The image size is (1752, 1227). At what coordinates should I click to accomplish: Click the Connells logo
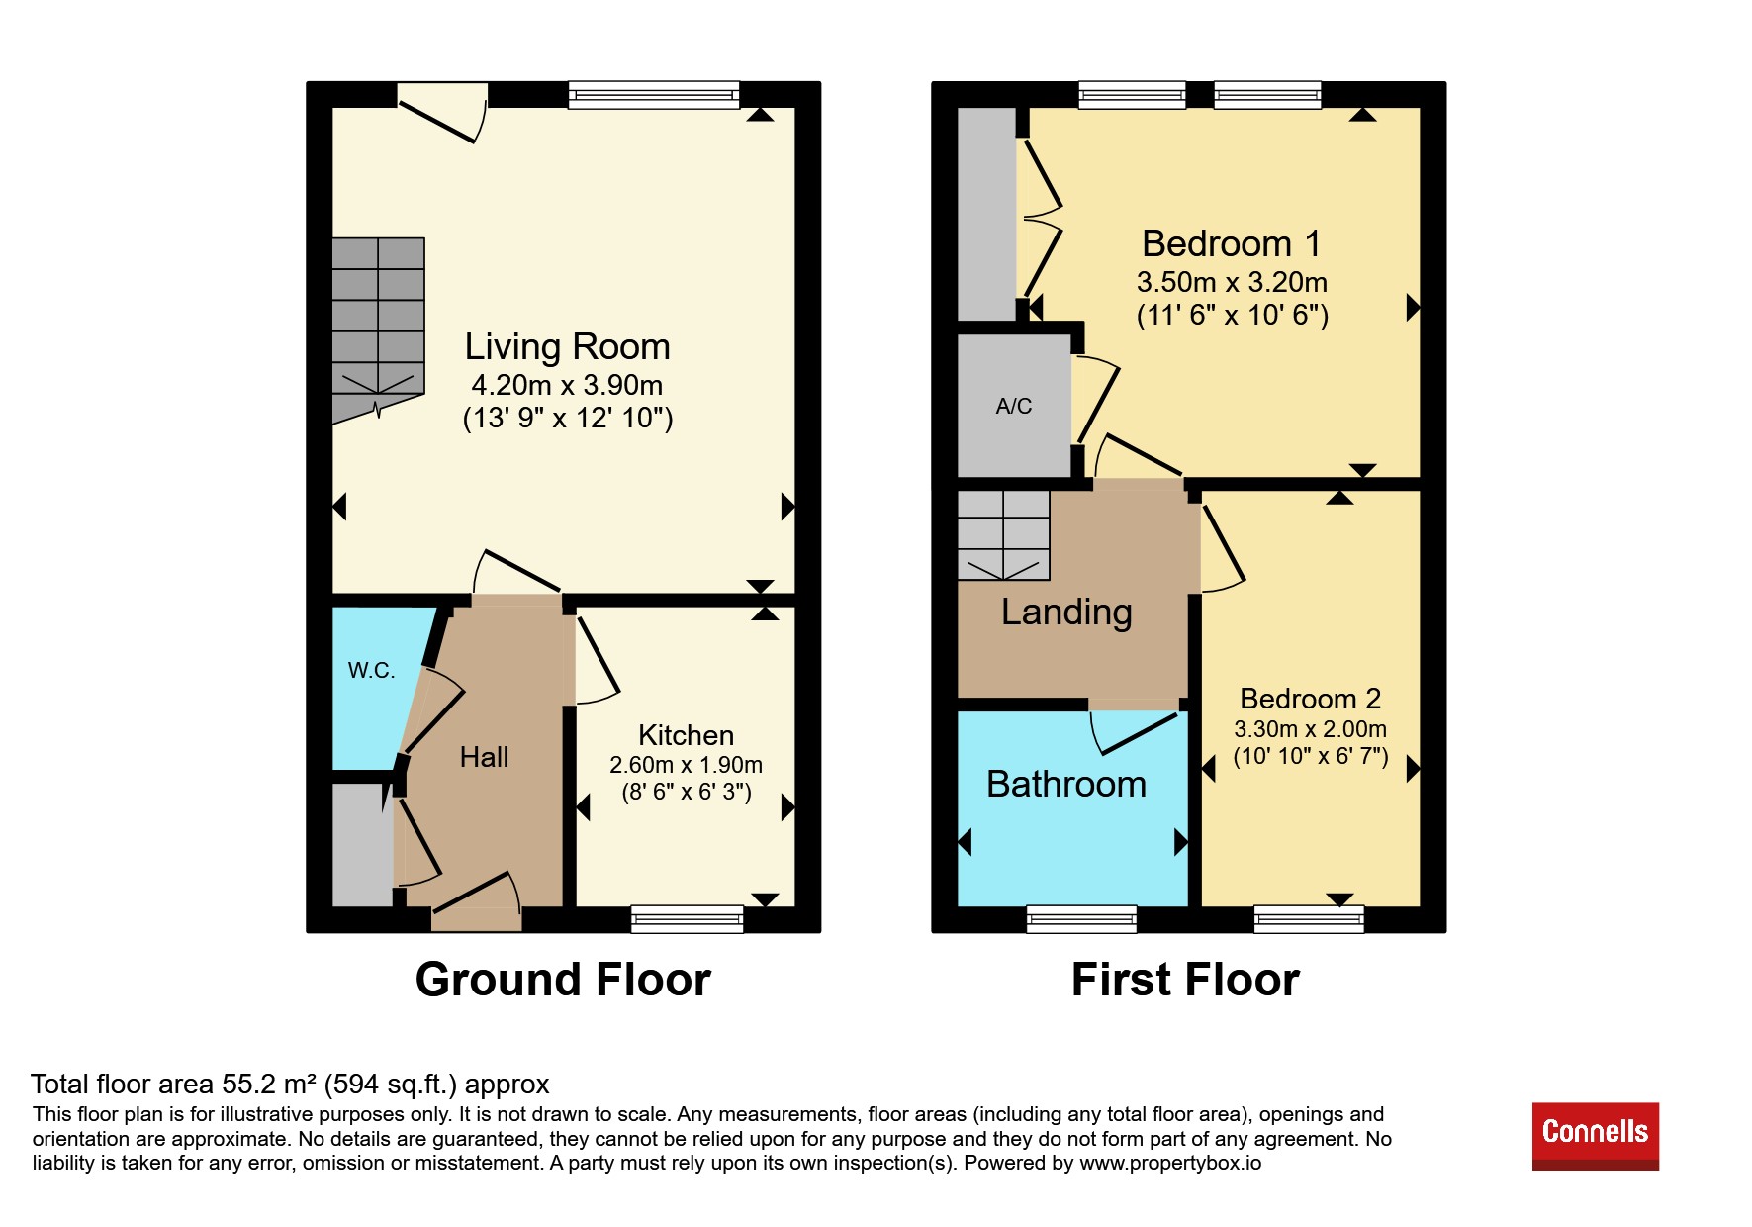point(1595,1136)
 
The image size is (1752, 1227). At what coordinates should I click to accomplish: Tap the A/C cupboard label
point(1014,406)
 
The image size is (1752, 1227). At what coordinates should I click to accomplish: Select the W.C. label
point(371,670)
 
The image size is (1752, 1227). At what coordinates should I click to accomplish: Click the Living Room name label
point(568,347)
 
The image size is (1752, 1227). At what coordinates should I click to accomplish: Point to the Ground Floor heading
point(563,980)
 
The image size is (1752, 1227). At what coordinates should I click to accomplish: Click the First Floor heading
point(1185,980)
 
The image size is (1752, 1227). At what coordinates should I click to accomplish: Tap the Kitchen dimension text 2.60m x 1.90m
point(687,765)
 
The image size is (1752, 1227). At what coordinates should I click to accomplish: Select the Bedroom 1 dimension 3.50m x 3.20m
point(1232,282)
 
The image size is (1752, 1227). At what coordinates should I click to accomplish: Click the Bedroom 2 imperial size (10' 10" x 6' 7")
point(1311,757)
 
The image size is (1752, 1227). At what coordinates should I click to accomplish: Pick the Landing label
point(1066,613)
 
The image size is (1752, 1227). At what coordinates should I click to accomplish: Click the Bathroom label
point(1066,784)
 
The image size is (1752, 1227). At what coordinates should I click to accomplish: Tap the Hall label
point(484,757)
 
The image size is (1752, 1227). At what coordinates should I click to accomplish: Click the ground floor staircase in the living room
point(378,327)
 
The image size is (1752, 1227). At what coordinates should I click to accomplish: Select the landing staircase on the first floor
point(1003,534)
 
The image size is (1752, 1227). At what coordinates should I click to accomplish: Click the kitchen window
point(688,919)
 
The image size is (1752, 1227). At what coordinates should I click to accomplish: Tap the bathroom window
point(1081,919)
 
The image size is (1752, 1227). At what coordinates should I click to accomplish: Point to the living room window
point(654,95)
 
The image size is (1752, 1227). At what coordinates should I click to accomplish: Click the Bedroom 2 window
point(1309,919)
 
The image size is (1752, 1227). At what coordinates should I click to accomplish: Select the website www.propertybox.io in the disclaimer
point(1170,1163)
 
